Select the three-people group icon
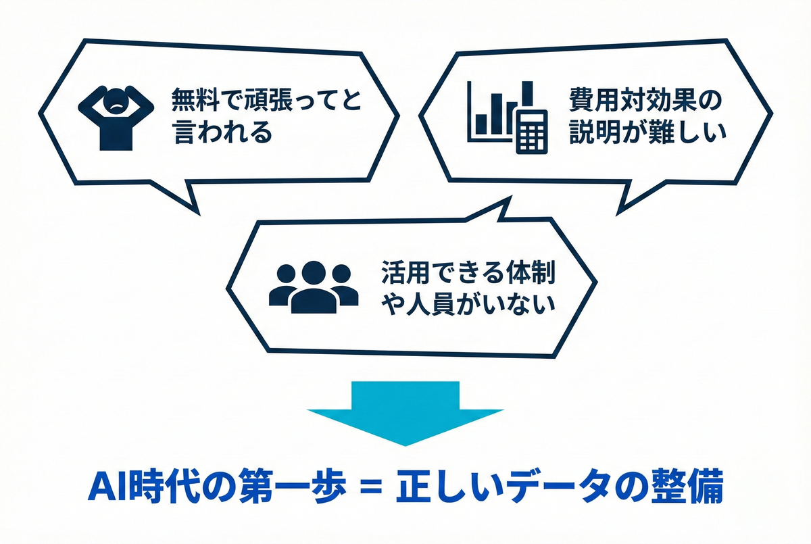tap(314, 287)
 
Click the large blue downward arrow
tap(405, 412)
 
